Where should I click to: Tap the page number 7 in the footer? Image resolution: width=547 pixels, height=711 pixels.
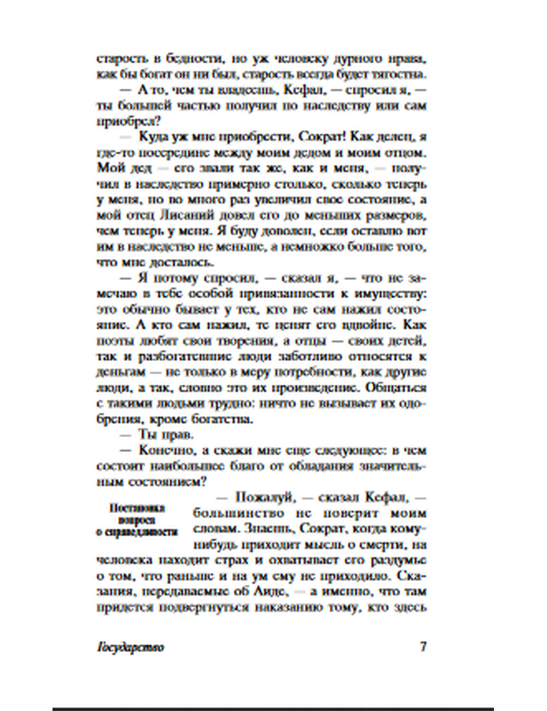423,646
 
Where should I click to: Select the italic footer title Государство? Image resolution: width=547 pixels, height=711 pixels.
130,647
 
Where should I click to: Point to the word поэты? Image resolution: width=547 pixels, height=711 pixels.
114,341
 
